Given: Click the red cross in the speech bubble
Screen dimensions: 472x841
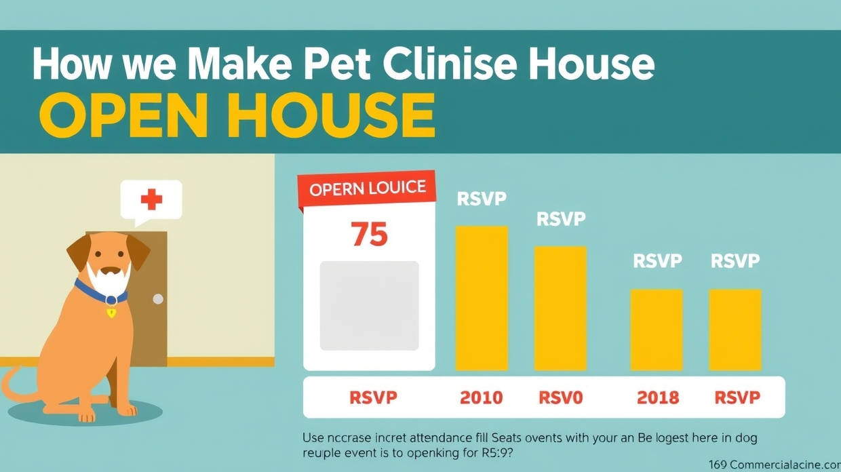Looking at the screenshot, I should pos(151,199).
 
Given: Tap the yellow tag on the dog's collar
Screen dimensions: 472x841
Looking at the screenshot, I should pos(111,313).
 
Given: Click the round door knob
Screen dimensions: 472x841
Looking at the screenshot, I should pos(158,299).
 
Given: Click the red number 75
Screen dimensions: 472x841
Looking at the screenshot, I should pos(370,234).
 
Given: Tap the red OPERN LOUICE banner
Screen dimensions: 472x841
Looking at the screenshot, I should pos(367,189).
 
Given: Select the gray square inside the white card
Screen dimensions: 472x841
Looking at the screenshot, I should pos(369,305).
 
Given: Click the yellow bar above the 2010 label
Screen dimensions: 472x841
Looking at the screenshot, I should pos(482,298).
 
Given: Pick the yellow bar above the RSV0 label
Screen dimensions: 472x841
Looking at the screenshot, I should pos(560,309).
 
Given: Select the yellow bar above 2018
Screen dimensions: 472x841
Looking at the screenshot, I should pos(657,330).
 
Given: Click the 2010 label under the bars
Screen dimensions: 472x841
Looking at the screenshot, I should pos(482,397).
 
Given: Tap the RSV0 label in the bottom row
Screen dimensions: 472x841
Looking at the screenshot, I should pos(560,397).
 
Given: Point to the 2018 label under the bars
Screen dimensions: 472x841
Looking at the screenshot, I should pos(658,397).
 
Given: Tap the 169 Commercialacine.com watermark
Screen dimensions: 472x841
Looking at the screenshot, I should pos(774,465).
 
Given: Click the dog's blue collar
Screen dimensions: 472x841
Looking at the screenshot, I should pos(100,293).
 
